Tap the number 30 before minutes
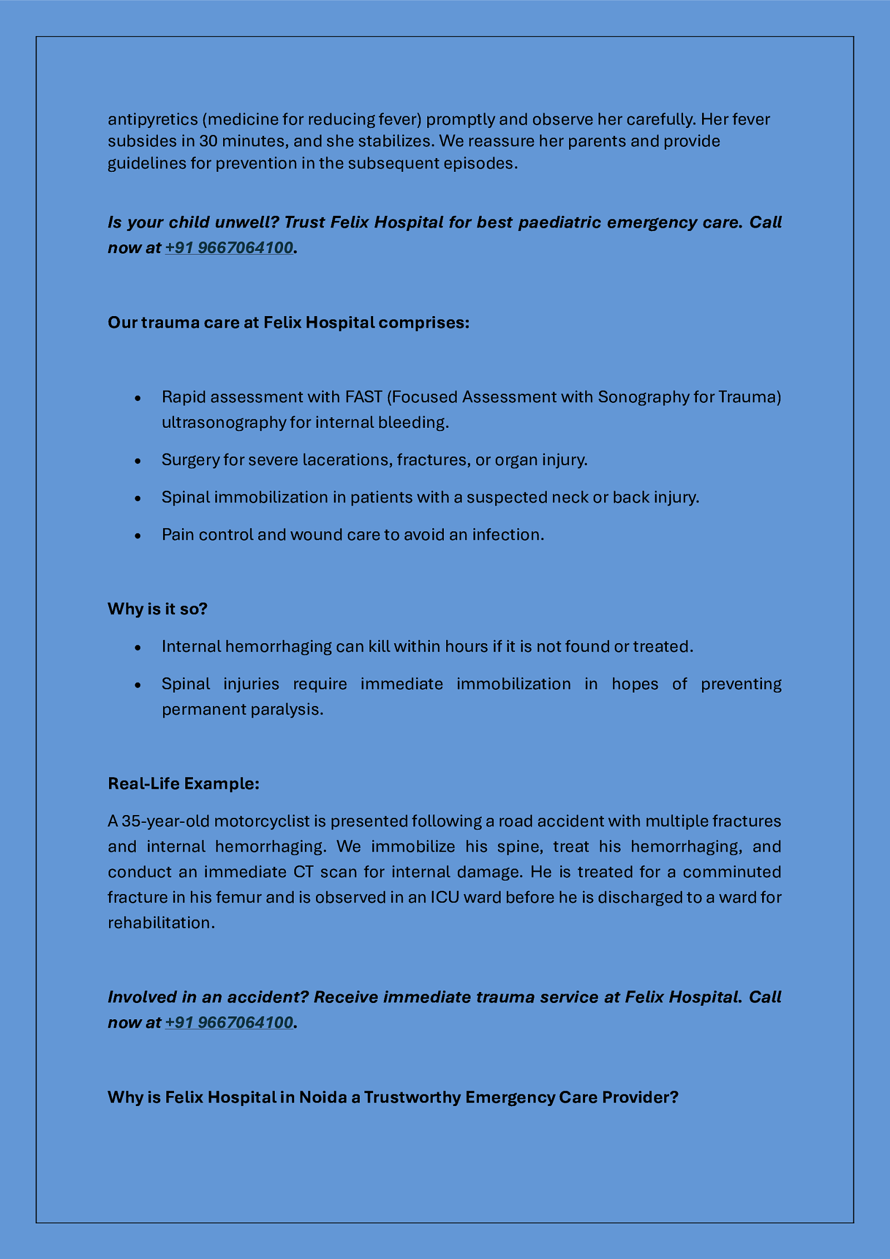click(208, 141)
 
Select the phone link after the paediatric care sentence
click(229, 248)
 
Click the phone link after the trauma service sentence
click(229, 1022)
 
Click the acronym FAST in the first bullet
click(364, 397)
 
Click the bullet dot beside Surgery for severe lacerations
click(138, 461)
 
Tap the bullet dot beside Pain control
click(138, 535)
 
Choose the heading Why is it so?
click(157, 609)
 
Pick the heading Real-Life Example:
click(184, 783)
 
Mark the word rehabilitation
click(160, 922)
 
